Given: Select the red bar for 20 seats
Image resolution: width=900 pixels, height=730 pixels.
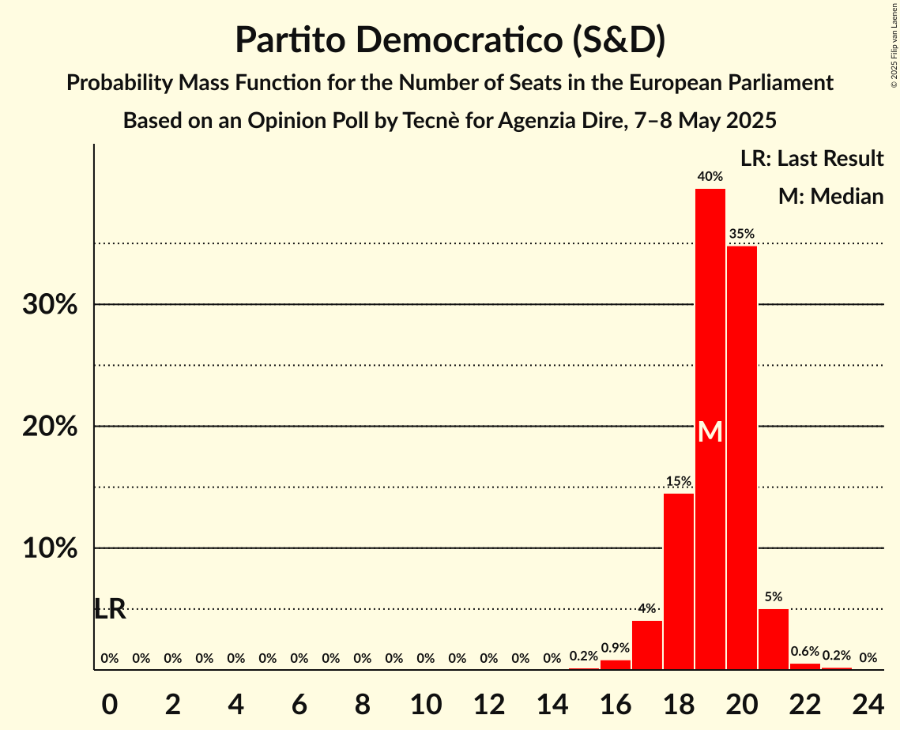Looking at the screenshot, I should pyautogui.click(x=741, y=458).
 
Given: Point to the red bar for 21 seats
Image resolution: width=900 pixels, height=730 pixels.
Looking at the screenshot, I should pyautogui.click(x=773, y=639).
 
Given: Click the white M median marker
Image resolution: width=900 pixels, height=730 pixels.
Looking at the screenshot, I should pyautogui.click(x=710, y=431).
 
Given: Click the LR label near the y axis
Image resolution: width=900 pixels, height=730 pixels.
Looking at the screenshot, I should pyautogui.click(x=110, y=609).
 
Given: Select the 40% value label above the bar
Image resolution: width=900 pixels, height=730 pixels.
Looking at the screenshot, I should pyautogui.click(x=710, y=177).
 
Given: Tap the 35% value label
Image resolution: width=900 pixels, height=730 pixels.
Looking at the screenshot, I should pyautogui.click(x=741, y=234).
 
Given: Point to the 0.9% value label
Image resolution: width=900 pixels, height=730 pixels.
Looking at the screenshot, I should pyautogui.click(x=615, y=648).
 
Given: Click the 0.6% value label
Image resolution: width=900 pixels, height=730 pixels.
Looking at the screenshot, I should pyautogui.click(x=804, y=651).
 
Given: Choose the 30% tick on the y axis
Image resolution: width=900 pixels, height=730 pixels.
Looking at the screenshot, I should pyautogui.click(x=50, y=305).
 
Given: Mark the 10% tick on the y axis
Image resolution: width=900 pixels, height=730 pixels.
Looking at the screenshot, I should pyautogui.click(x=50, y=548).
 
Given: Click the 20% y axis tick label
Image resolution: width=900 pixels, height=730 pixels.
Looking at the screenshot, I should pyautogui.click(x=50, y=427).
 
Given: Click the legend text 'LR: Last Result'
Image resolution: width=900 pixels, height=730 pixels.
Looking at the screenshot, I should pyautogui.click(x=812, y=159).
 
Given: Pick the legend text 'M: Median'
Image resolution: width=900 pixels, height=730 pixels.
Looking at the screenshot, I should pyautogui.click(x=830, y=196).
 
